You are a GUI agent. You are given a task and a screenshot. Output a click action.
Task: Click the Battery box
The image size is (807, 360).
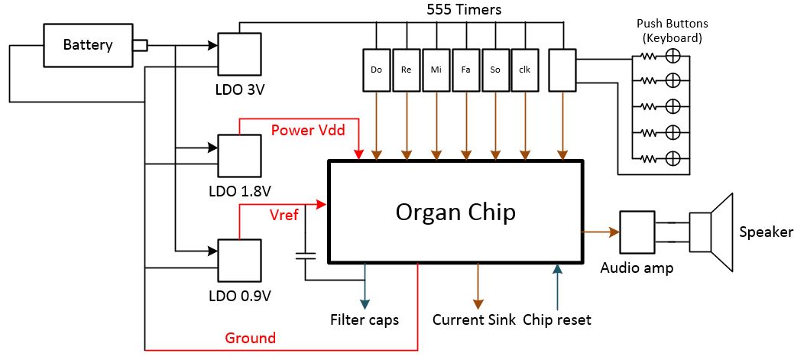(x=87, y=45)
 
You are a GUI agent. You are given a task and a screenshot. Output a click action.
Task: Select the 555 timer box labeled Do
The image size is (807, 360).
(x=376, y=70)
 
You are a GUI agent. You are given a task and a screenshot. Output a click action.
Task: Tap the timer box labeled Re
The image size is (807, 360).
(x=407, y=70)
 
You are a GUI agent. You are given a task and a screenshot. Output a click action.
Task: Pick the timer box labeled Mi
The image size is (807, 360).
(x=436, y=70)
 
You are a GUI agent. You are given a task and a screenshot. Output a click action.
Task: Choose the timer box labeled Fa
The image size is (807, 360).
(x=466, y=70)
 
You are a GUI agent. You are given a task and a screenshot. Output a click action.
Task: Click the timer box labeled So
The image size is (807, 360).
(x=496, y=70)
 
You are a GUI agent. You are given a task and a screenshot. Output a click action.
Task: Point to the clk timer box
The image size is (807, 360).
(x=526, y=70)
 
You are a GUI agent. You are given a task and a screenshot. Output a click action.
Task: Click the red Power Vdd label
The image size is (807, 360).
(x=307, y=130)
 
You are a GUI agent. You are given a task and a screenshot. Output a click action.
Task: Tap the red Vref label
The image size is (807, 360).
(x=284, y=216)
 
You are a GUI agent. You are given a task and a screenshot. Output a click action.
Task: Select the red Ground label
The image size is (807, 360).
(x=250, y=339)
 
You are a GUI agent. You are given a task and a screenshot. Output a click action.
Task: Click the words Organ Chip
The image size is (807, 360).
(x=455, y=212)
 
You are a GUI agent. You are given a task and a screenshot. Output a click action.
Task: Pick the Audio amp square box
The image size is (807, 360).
(x=638, y=232)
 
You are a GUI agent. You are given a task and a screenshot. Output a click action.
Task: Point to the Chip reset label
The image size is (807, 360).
(x=557, y=319)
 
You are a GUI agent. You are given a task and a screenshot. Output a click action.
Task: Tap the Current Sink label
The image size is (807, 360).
(x=474, y=319)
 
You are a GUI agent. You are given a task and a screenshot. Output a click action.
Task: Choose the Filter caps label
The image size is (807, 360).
(x=365, y=319)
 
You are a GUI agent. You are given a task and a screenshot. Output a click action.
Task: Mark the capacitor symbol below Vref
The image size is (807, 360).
(x=305, y=255)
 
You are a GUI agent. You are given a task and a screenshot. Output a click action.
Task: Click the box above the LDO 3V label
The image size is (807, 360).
(x=239, y=54)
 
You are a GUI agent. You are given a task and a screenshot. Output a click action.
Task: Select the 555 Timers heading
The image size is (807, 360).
(x=464, y=9)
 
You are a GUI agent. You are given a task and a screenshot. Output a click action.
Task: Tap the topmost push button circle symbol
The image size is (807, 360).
(x=672, y=56)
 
